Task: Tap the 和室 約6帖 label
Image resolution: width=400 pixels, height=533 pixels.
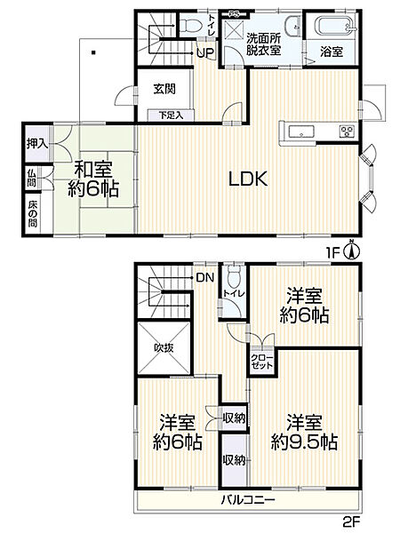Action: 93,178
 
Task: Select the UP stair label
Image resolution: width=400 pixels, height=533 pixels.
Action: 204,52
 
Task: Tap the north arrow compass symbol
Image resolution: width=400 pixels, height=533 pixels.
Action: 353,250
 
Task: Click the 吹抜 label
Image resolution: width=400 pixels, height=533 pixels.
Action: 163,348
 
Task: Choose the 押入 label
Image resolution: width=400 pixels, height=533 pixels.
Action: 36,144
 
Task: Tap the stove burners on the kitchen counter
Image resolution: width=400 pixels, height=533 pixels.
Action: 345,133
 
